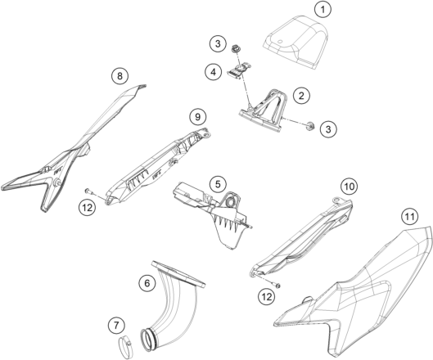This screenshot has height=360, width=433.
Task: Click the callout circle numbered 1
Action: [322, 9]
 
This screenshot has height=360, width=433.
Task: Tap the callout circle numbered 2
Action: [301, 96]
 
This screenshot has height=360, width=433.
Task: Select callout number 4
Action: [213, 72]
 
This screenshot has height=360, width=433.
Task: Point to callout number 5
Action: [218, 184]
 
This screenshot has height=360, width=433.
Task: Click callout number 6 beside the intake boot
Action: [147, 283]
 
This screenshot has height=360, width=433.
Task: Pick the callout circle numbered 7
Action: [116, 326]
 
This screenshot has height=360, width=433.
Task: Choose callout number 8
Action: [120, 76]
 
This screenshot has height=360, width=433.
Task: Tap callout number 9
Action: [198, 117]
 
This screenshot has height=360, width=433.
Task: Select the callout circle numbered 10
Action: [349, 187]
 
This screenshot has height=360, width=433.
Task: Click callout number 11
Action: [409, 217]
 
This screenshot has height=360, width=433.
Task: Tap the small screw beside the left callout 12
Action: [88, 191]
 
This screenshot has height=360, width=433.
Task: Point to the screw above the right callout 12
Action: [277, 285]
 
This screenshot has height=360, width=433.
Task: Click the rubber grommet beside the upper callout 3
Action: [236, 48]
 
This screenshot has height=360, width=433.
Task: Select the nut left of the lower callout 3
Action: [310, 126]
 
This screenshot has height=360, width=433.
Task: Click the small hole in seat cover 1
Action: [280, 42]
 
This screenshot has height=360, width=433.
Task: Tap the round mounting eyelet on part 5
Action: [230, 203]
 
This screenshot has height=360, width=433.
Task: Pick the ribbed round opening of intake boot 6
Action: [148, 339]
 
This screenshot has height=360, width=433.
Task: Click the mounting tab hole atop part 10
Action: [336, 200]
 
